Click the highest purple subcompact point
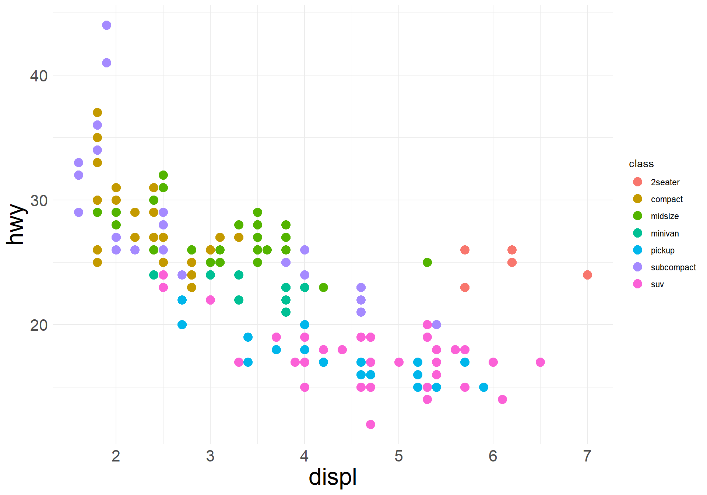(x=106, y=25)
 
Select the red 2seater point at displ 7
(x=587, y=275)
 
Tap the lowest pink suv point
(x=370, y=424)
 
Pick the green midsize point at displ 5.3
(x=427, y=262)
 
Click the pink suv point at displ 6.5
(x=540, y=362)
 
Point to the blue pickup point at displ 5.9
(x=483, y=387)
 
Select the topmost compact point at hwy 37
(x=97, y=112)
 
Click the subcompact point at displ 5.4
(x=436, y=324)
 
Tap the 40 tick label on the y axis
(x=39, y=76)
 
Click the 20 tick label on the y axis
(x=39, y=325)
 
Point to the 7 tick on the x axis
(x=587, y=456)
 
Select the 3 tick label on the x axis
(x=210, y=456)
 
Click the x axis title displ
(x=333, y=477)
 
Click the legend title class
(x=641, y=164)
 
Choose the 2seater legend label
(x=665, y=182)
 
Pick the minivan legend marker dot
(x=637, y=233)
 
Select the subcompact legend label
(x=673, y=267)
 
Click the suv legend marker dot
(x=637, y=284)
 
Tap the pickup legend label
(x=662, y=250)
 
